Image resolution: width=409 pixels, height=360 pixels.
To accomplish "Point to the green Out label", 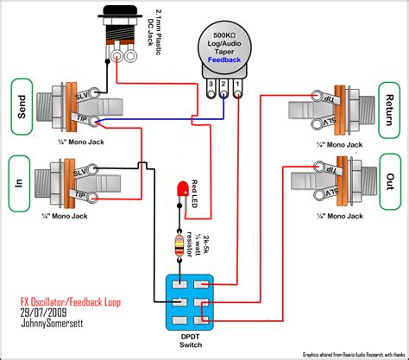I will [x=391, y=184].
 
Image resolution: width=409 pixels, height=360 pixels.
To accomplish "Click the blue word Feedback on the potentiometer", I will [x=223, y=61].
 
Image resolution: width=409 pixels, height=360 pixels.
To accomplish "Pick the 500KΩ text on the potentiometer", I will [x=223, y=35].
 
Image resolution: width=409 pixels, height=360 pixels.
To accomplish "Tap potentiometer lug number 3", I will [x=209, y=85].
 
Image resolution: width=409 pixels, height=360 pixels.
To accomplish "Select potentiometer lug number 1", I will [x=236, y=85].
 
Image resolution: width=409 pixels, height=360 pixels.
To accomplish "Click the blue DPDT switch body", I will [x=190, y=301].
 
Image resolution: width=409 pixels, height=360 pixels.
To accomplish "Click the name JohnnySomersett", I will [x=53, y=327].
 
